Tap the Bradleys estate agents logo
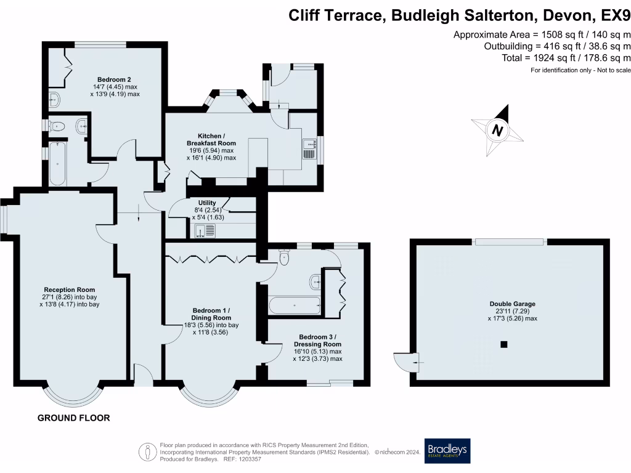tap(447, 451)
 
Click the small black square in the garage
tap(504, 344)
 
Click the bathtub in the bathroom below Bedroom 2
tap(56, 164)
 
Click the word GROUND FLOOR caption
tap(74, 418)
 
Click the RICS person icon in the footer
tap(147, 451)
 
